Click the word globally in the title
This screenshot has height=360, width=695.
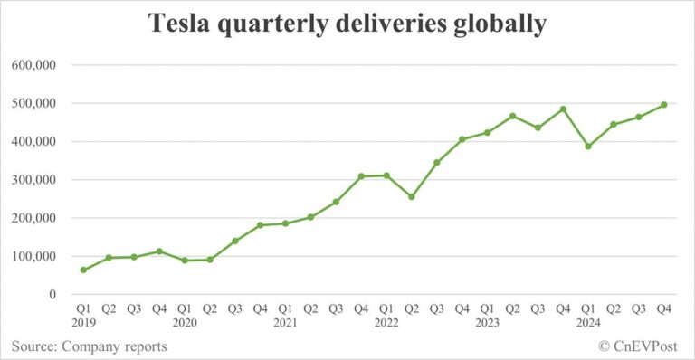point(495,25)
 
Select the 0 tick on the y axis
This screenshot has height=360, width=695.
point(52,295)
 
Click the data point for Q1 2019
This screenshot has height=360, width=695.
point(84,270)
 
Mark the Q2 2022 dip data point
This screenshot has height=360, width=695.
point(412,196)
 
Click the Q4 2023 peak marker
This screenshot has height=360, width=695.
point(563,109)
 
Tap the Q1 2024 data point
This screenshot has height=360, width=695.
point(588,146)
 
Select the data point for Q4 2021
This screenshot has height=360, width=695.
point(361,176)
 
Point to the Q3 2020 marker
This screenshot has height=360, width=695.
point(235,241)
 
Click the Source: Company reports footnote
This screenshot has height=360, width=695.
point(89,346)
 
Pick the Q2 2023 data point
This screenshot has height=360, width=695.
point(512,116)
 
